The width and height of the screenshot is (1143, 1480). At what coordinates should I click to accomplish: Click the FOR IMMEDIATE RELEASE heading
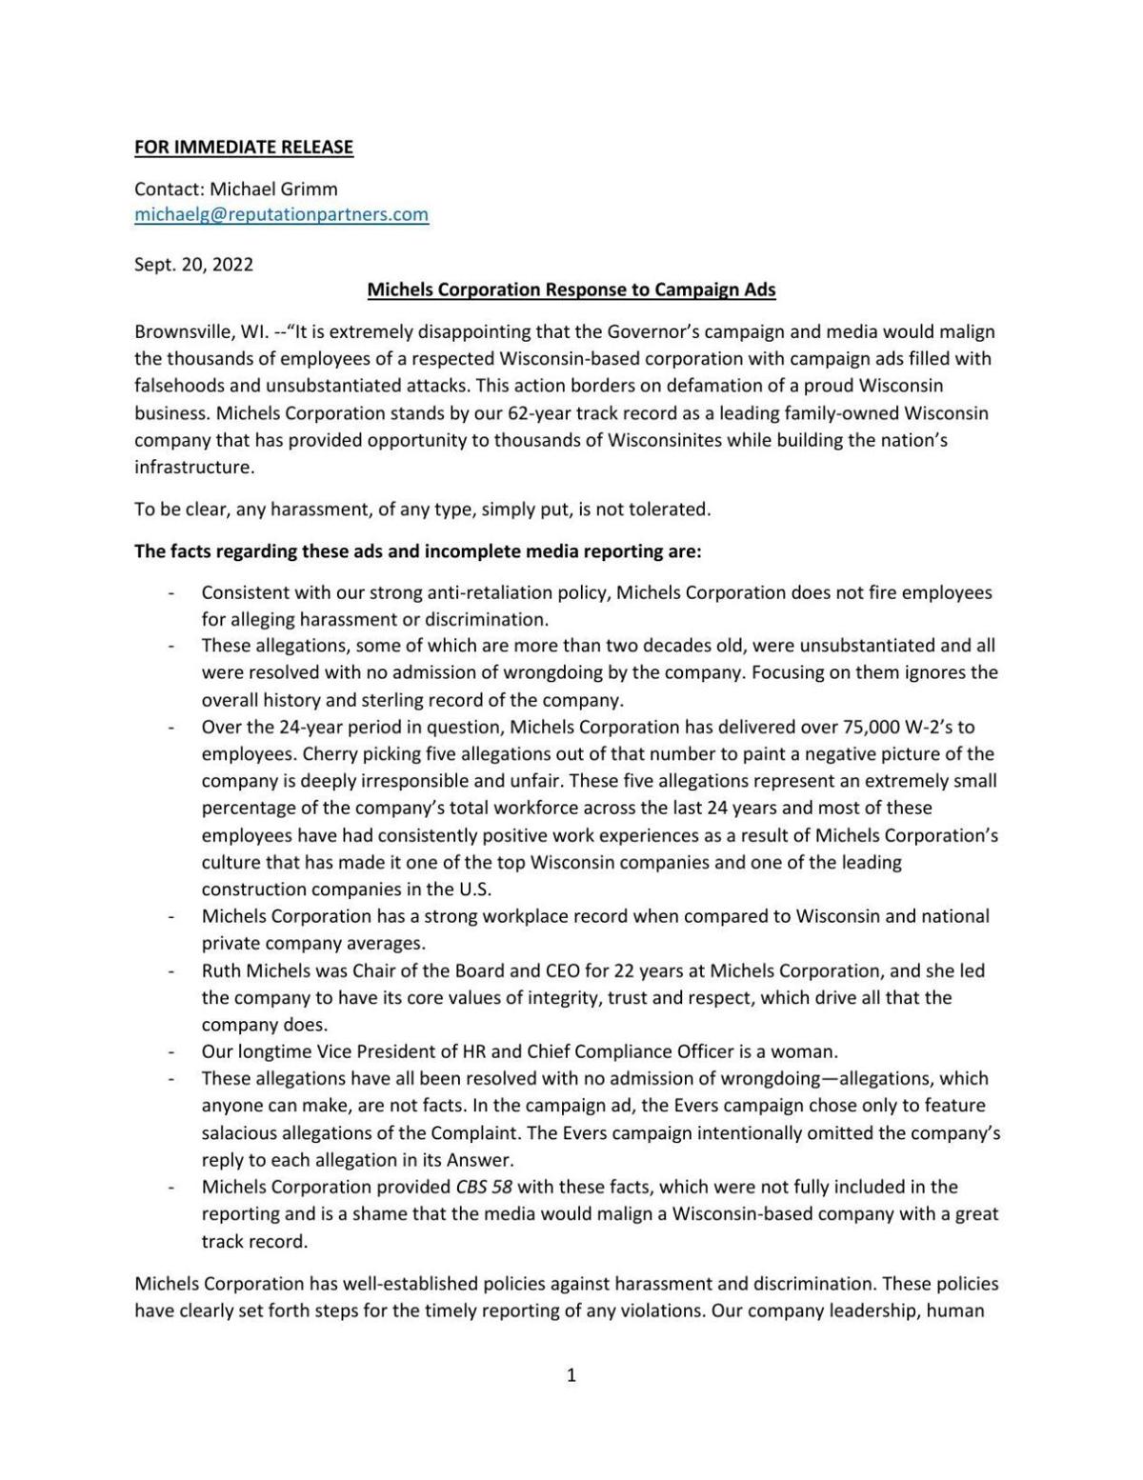point(243,147)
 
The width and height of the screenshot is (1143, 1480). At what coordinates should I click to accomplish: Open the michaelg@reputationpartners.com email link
point(281,214)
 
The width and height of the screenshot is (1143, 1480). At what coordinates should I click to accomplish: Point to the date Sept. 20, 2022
point(193,265)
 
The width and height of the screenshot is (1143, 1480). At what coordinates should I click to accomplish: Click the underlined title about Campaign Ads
point(571,290)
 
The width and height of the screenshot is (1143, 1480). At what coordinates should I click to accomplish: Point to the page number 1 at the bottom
point(571,1375)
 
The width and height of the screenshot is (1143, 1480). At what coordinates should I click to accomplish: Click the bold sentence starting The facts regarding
point(417,551)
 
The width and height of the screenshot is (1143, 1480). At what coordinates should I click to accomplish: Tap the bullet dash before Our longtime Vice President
point(171,1052)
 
